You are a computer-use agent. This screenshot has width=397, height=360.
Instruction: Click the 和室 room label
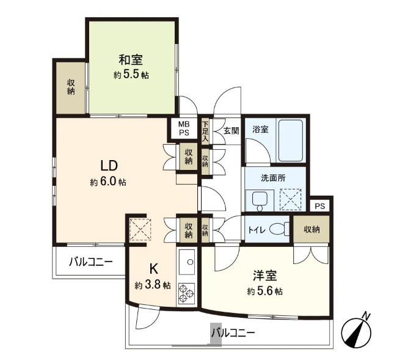(131, 60)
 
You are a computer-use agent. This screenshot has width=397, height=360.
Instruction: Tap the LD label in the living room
(109, 166)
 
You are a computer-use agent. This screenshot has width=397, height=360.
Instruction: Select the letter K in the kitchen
(154, 269)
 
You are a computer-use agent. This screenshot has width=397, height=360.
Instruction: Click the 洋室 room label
(265, 276)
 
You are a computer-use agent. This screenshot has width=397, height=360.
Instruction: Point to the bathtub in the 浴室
(291, 141)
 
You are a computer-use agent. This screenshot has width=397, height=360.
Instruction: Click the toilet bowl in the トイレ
(279, 229)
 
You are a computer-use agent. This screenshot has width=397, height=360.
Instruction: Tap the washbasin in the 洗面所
(260, 200)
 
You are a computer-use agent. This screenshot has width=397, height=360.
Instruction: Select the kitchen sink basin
(187, 262)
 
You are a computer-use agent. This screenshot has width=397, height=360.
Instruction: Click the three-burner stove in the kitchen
(187, 293)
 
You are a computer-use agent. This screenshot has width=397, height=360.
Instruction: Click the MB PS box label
(184, 128)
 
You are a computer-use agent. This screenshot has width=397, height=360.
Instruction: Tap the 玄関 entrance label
(231, 131)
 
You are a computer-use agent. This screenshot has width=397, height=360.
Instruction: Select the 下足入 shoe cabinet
(205, 131)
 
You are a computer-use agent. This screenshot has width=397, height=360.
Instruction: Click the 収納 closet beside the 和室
(71, 87)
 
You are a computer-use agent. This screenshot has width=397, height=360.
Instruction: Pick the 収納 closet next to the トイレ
(311, 230)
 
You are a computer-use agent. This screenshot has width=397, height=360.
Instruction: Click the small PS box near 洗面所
(320, 206)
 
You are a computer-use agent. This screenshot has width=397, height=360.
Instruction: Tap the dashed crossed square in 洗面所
(290, 199)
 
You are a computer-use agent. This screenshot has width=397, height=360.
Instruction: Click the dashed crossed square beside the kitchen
(140, 230)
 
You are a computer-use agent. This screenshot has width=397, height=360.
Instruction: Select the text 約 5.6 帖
(265, 292)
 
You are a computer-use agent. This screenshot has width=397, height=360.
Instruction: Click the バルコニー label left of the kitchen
(91, 262)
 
